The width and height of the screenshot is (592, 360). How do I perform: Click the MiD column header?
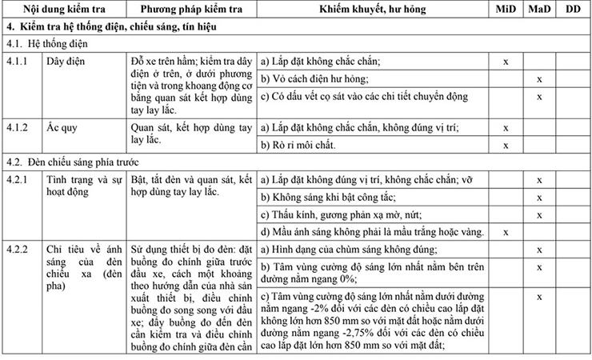pyautogui.click(x=505, y=10)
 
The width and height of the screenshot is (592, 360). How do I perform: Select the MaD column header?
pyautogui.click(x=539, y=10)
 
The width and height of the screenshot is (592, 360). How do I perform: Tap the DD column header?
pyautogui.click(x=573, y=10)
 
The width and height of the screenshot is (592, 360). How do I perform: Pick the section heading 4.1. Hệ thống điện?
pyautogui.click(x=47, y=43)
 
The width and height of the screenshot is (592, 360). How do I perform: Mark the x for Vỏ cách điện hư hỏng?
pyautogui.click(x=539, y=79)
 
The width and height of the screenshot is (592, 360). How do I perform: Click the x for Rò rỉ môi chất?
pyautogui.click(x=505, y=145)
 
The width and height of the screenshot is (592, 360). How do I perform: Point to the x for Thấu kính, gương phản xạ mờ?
pyautogui.click(x=539, y=214)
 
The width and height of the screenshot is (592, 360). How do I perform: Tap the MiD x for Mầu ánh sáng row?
pyautogui.click(x=505, y=232)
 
